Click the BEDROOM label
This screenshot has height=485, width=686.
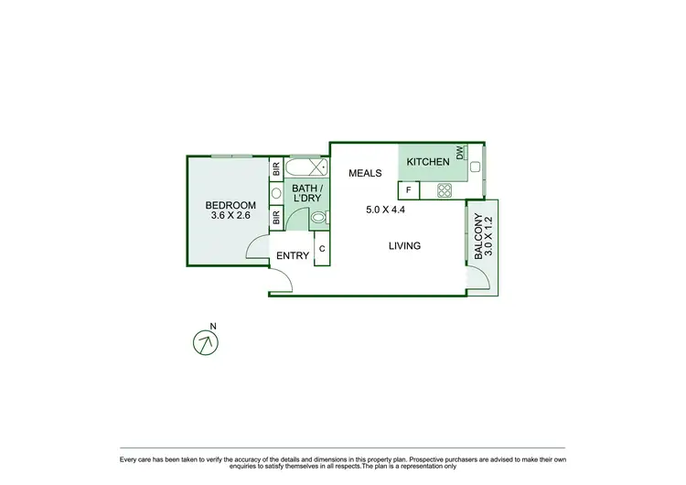(x=230, y=205)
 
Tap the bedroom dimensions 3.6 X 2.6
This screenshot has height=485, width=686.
(x=230, y=217)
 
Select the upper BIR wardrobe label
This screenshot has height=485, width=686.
(x=275, y=169)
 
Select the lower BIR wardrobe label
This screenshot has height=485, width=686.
(x=275, y=217)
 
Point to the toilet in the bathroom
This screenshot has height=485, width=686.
(x=317, y=218)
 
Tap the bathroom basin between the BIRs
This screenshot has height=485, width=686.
(x=275, y=193)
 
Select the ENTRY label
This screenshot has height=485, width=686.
(x=293, y=256)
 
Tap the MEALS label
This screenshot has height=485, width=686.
(x=364, y=173)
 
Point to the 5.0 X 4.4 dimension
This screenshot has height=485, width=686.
(x=385, y=210)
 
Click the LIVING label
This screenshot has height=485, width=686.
(x=403, y=245)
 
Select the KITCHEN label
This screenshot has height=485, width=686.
(x=428, y=162)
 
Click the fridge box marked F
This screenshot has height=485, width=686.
(x=408, y=190)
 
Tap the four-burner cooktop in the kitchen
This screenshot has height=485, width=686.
(x=445, y=190)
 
